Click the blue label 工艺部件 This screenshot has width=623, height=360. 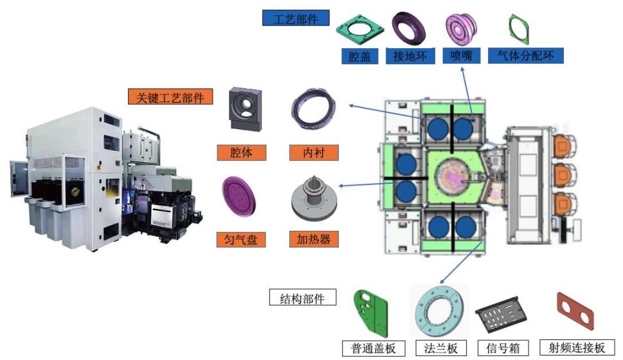tap(296, 18)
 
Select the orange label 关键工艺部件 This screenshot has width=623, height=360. tap(170, 96)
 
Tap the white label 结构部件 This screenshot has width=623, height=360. tap(302, 297)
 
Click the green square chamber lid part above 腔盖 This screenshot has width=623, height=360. tap(359, 30)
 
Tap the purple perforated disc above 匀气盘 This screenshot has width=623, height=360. tap(239, 196)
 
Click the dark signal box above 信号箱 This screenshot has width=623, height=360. tap(501, 314)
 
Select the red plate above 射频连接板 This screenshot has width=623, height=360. tap(575, 311)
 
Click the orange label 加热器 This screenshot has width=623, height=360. tap(314, 239)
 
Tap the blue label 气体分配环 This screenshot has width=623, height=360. tap(526, 56)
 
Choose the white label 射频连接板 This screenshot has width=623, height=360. tap(577, 348)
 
